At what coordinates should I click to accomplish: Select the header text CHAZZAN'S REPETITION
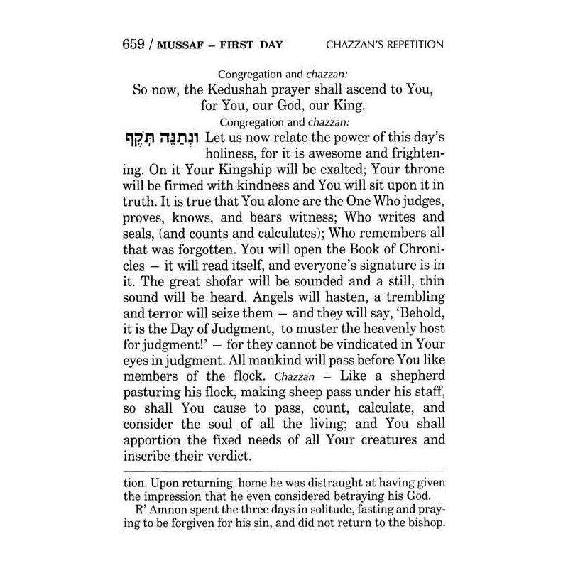[385, 45]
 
